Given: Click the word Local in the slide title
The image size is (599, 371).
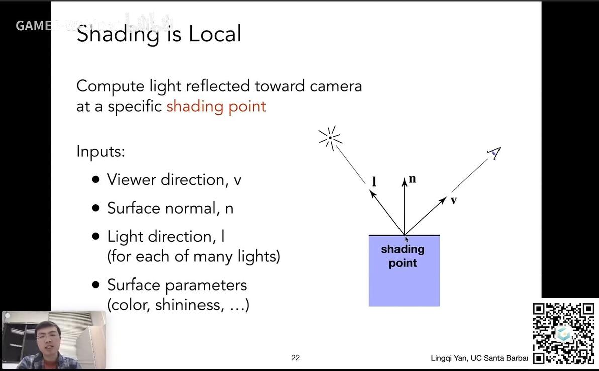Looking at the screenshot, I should [x=215, y=34].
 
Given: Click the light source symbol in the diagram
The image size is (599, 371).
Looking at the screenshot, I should [x=330, y=138].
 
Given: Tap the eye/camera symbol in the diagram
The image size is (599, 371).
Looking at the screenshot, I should [x=495, y=153].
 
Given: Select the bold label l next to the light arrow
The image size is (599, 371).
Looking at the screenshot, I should [x=374, y=181].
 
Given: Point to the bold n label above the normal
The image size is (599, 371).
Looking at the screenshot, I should [x=413, y=179].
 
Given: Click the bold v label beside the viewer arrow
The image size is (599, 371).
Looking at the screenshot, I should [x=453, y=200].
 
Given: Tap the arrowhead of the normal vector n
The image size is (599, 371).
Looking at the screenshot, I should [x=404, y=181].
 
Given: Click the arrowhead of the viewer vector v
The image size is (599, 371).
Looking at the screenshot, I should [x=442, y=201].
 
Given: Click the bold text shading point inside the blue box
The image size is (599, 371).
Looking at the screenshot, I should [x=403, y=256].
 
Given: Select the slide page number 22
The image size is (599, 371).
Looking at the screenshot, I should [x=295, y=358].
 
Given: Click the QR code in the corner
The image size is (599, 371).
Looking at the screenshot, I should [x=563, y=333].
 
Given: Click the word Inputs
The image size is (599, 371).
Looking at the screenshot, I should [x=101, y=151].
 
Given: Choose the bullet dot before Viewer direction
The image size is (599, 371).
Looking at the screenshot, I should [x=96, y=180].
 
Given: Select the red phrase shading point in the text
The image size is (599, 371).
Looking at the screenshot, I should [x=216, y=106].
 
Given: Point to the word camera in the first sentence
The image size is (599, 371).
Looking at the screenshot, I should [x=335, y=86].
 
